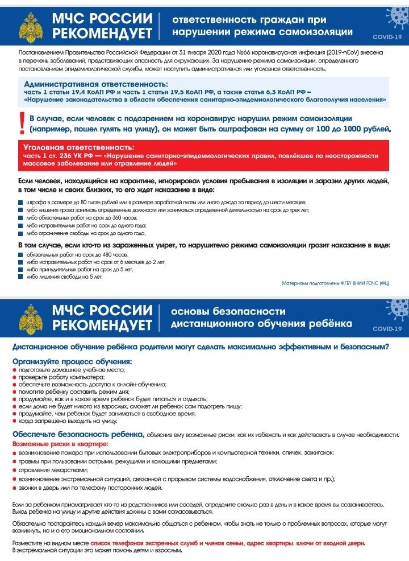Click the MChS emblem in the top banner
point(31,24)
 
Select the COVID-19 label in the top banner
point(387,37)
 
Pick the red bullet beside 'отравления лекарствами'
point(14,470)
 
